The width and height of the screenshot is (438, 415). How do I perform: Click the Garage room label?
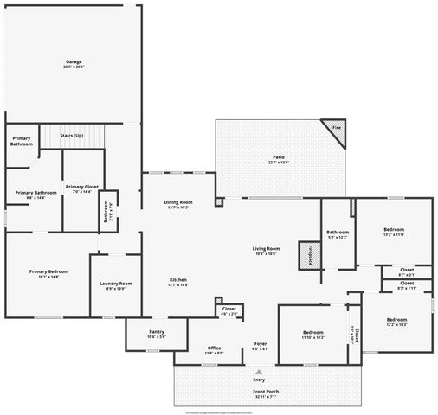(x=74, y=63)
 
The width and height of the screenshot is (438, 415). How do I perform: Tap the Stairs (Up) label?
(x=71, y=136)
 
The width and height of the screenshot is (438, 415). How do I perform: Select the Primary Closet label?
(x=81, y=188)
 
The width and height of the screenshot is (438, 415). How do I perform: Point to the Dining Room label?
(x=178, y=204)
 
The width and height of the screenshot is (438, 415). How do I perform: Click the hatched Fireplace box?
(x=309, y=255)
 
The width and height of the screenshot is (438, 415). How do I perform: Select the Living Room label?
(x=265, y=251)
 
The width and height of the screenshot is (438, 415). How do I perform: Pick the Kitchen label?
(x=178, y=281)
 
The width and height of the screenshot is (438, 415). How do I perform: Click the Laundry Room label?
(x=115, y=284)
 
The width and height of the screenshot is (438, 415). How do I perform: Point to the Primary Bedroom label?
(x=48, y=273)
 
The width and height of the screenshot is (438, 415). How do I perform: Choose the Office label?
(x=214, y=350)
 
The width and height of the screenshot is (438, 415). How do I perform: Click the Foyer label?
(x=261, y=346)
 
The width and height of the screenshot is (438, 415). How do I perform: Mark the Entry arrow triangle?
(x=258, y=372)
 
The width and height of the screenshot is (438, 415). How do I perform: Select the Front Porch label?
(x=266, y=392)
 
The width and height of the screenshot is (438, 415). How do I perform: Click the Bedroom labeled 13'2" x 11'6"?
(x=394, y=232)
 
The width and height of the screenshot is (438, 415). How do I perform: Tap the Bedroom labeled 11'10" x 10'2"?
(x=313, y=335)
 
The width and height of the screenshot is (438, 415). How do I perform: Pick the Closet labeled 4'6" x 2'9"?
(x=229, y=310)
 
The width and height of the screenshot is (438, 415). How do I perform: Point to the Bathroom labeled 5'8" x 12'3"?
(x=338, y=233)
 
